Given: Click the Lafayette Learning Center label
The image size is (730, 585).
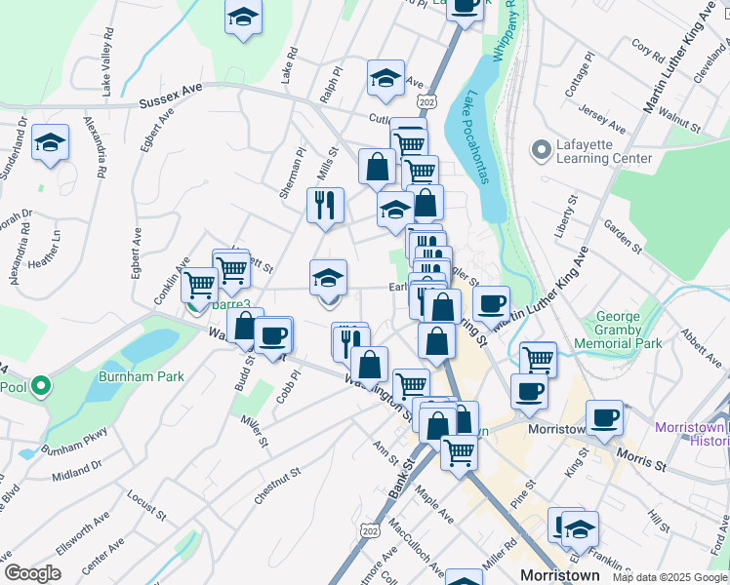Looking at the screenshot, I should [604, 150].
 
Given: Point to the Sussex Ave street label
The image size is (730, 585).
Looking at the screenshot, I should [170, 96].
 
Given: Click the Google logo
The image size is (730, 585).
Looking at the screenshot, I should [33, 572].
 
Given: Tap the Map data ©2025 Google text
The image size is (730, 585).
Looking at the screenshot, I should [669, 577].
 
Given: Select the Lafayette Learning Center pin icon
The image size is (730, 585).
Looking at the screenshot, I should [539, 151].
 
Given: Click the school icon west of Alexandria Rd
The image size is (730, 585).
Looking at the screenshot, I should [50, 143].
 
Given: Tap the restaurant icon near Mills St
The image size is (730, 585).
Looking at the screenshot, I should [325, 205].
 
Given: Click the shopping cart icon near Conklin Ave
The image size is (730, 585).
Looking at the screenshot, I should [200, 285].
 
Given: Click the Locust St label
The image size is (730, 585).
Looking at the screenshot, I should [142, 505].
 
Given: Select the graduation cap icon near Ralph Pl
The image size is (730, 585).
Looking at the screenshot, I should [385, 79].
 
